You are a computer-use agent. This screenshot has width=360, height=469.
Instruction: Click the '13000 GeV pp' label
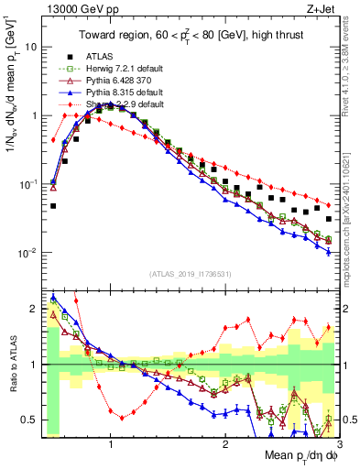coord(74,8)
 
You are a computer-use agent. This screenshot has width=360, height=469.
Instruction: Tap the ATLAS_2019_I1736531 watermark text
coord(188,273)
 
